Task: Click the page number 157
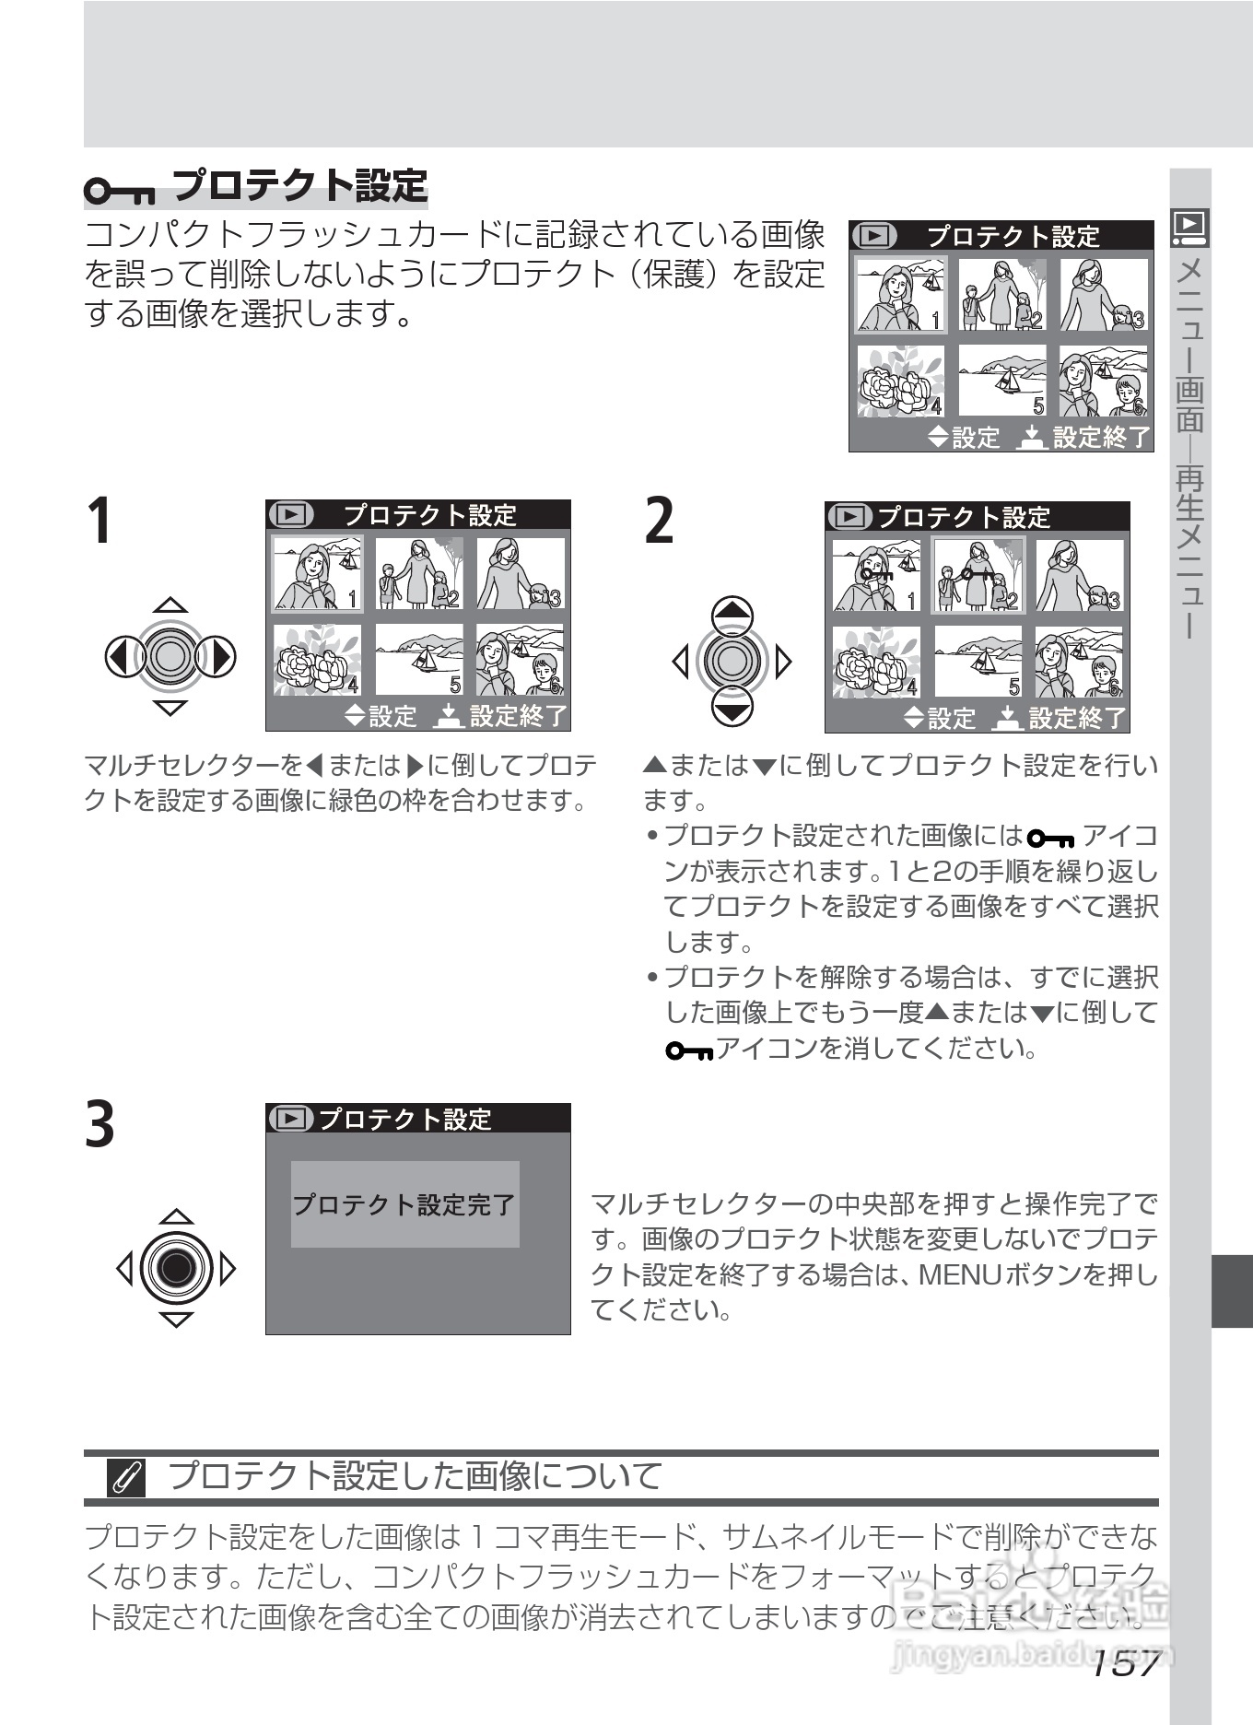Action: click(1125, 1664)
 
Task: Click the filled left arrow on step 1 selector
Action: click(120, 657)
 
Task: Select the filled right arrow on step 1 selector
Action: click(219, 657)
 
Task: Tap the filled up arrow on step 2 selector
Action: click(732, 612)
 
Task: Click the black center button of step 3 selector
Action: click(176, 1268)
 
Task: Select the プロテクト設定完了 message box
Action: click(404, 1204)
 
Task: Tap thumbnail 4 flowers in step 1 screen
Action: click(318, 660)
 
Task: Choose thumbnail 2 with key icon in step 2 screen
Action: click(978, 576)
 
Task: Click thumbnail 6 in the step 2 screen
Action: click(1079, 663)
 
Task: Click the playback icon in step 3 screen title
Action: click(290, 1119)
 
